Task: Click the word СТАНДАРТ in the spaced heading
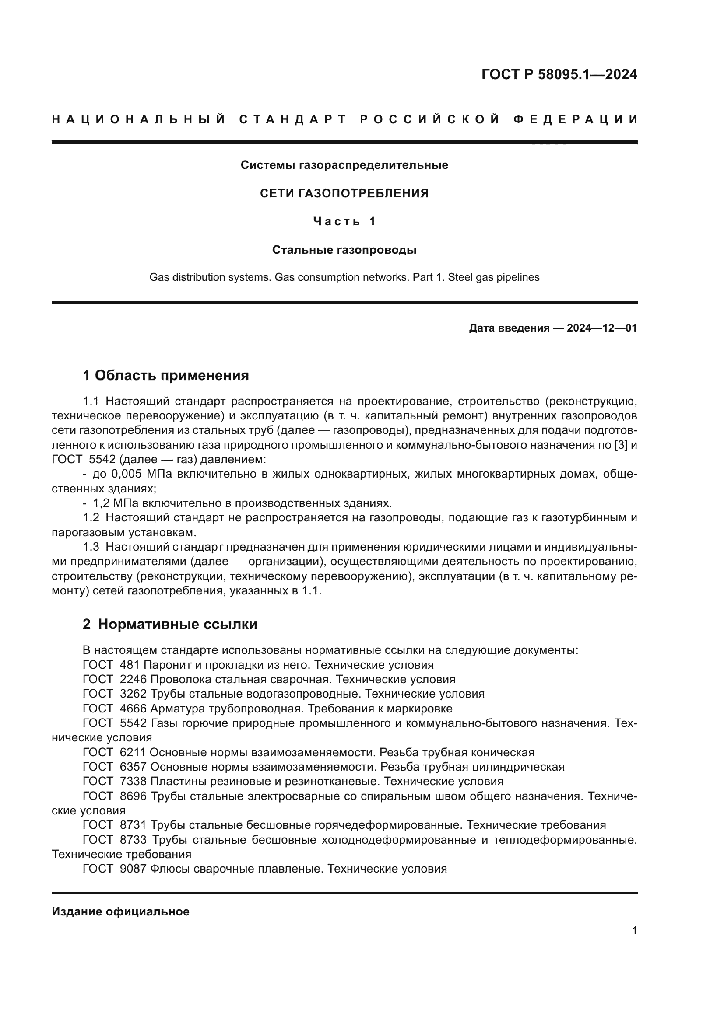point(293,119)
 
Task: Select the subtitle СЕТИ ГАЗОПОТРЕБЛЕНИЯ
point(344,193)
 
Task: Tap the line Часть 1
point(344,221)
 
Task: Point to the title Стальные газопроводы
point(344,250)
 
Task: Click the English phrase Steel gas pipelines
point(493,277)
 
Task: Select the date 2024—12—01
point(601,328)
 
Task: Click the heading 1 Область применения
point(166,376)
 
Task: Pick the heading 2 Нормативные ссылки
point(170,624)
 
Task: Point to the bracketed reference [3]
point(621,445)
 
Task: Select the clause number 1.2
point(91,518)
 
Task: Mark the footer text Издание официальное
point(120,911)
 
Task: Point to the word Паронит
point(163,665)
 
